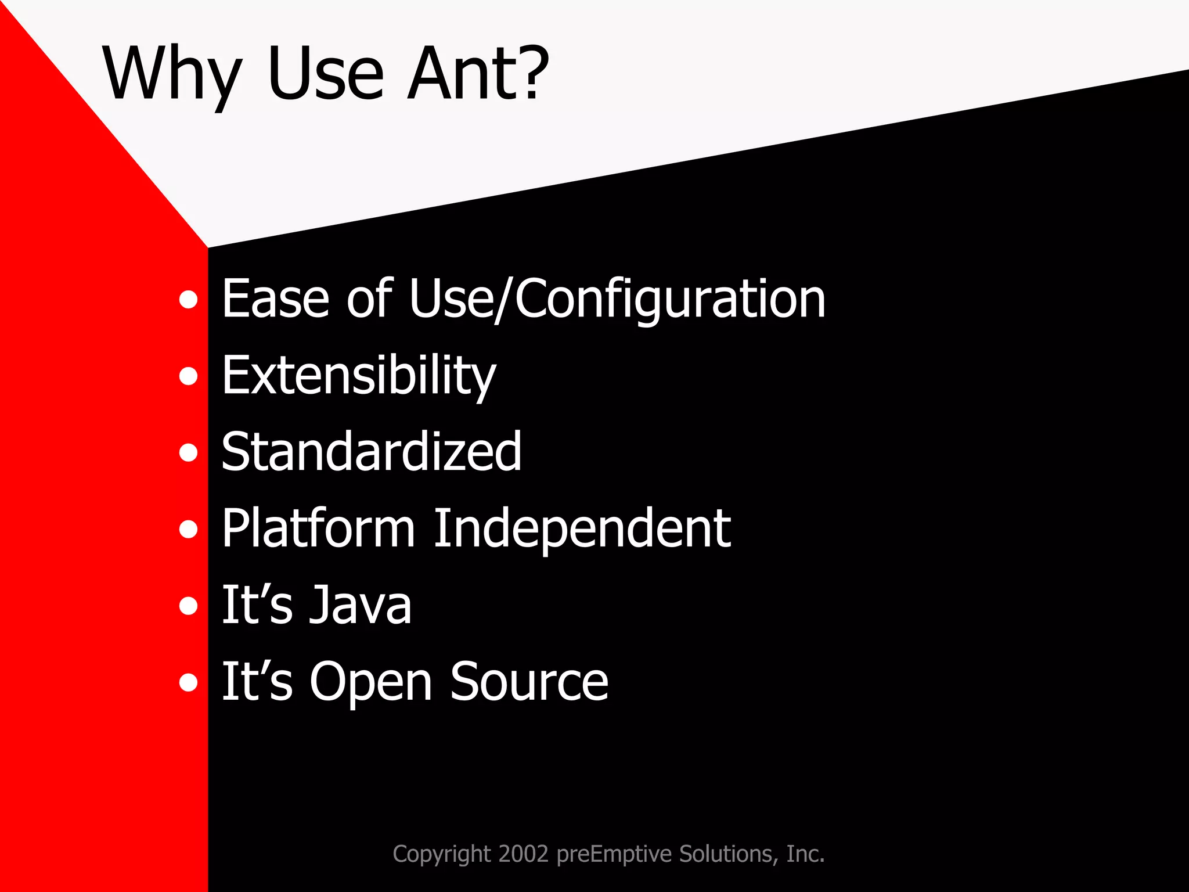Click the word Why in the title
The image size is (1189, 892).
point(172,74)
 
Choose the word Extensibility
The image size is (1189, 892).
point(359,376)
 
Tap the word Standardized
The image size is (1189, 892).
point(372,452)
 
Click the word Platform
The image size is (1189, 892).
point(318,528)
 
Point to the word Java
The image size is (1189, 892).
point(360,605)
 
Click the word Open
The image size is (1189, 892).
point(372,683)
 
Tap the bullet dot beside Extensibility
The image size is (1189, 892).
point(188,376)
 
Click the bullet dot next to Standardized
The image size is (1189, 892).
point(188,452)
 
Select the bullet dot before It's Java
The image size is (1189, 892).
point(188,606)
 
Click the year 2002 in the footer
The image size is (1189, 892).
point(523,854)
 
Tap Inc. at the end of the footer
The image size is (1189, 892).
point(805,854)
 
